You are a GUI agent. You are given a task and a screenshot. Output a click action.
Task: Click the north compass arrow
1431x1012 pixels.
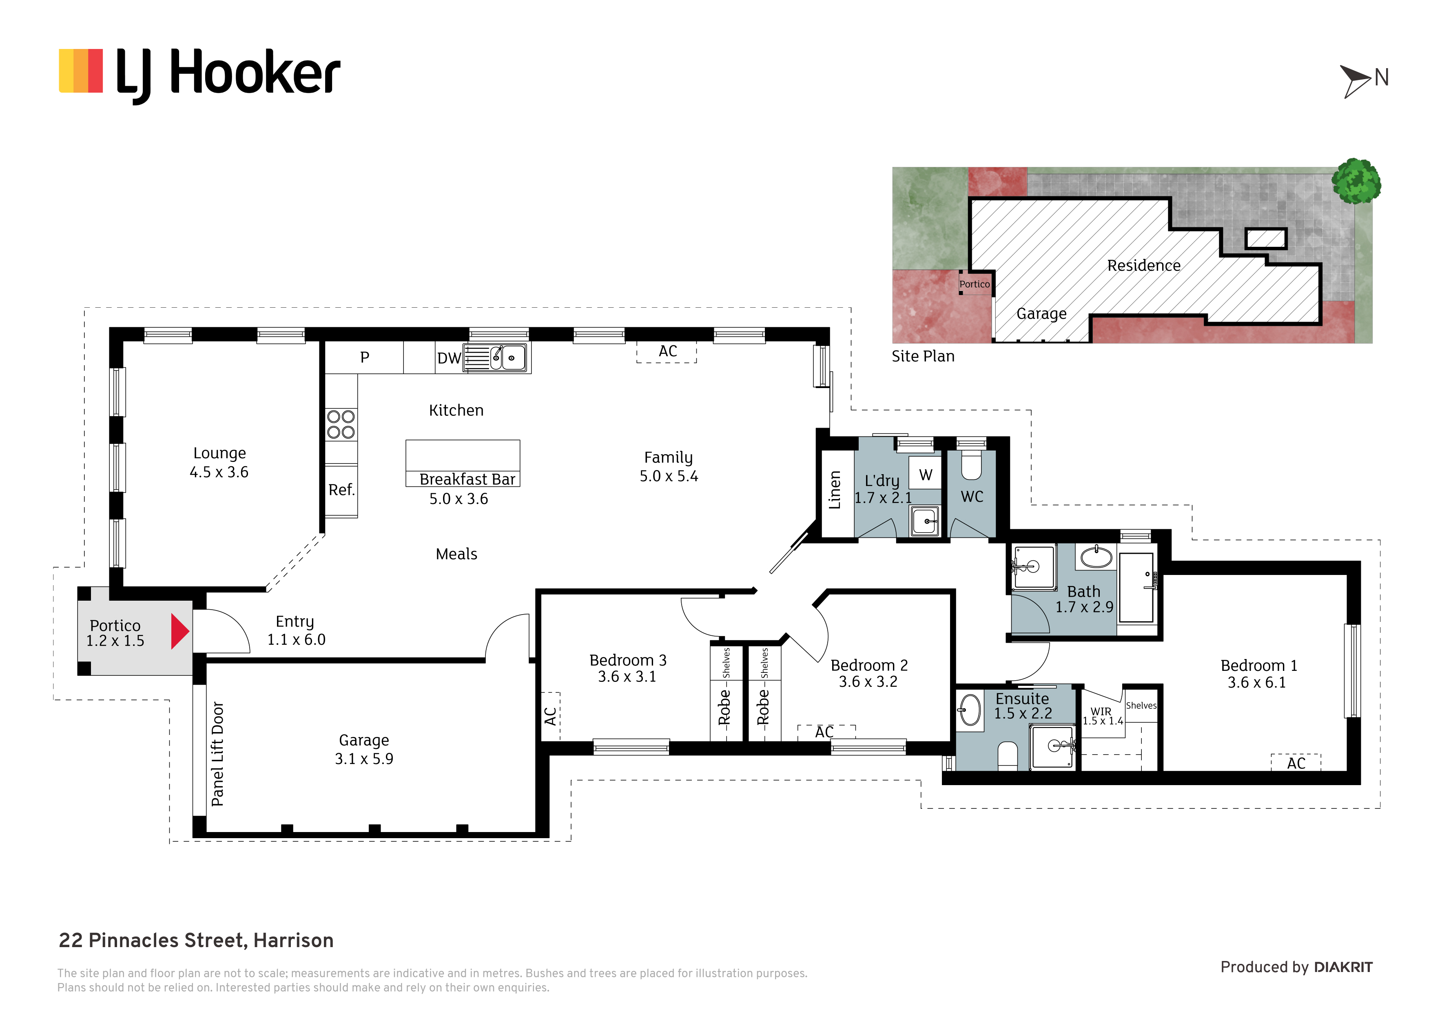tap(1356, 82)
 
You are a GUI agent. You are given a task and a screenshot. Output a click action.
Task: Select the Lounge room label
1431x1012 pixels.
tap(219, 453)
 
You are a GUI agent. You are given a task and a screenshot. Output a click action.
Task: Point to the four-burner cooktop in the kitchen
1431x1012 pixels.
tap(341, 424)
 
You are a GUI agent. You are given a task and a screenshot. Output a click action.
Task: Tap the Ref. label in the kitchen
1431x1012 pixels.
tap(341, 490)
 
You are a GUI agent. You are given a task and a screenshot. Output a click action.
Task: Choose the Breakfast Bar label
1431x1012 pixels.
tap(467, 479)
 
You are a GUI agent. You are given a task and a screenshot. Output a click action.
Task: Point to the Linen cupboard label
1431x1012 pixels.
tap(835, 490)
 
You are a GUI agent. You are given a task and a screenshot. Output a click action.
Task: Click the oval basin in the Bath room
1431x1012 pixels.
tap(1097, 557)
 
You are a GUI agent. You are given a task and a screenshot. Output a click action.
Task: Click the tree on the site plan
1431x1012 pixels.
tap(1356, 181)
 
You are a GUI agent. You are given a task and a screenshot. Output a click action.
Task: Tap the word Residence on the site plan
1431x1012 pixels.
tap(1144, 266)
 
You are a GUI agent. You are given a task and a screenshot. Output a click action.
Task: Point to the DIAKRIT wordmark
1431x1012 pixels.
tap(1343, 968)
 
